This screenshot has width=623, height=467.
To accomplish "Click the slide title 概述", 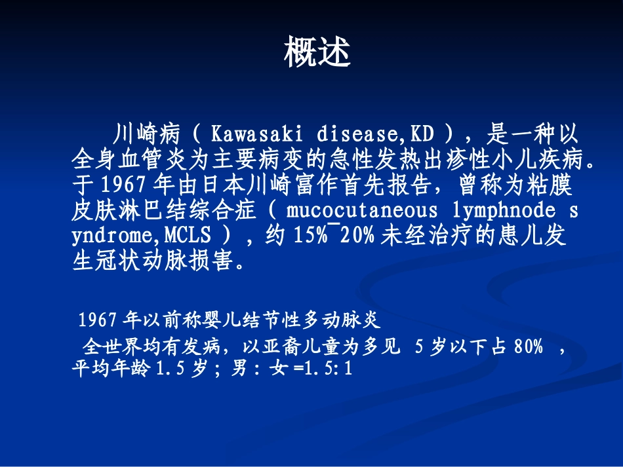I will [x=317, y=52].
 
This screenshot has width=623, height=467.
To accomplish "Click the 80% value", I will [x=529, y=348].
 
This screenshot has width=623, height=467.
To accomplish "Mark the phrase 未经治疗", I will [x=429, y=236].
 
